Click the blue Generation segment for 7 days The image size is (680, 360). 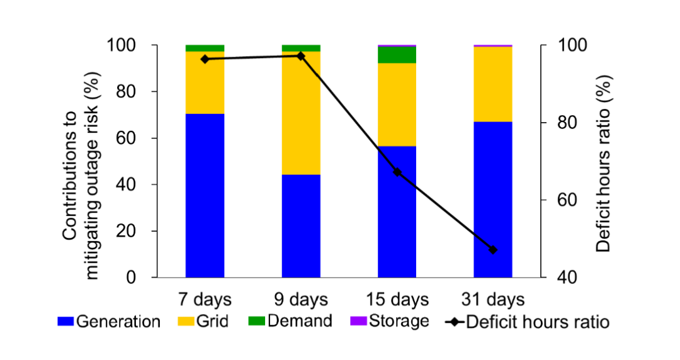pos(205,195)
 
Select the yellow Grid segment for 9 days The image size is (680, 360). pos(301,113)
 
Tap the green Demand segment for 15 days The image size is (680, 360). pos(397,55)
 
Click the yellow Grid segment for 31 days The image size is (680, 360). pos(493,84)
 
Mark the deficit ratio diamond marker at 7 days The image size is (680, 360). pos(205,59)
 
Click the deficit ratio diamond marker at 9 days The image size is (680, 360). pos(301,56)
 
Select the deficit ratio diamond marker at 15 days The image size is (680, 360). pos(397,172)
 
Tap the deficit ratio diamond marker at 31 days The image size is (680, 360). pos(493,250)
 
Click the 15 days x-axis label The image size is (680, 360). pos(397,299)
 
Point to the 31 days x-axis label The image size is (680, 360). pos(493,299)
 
